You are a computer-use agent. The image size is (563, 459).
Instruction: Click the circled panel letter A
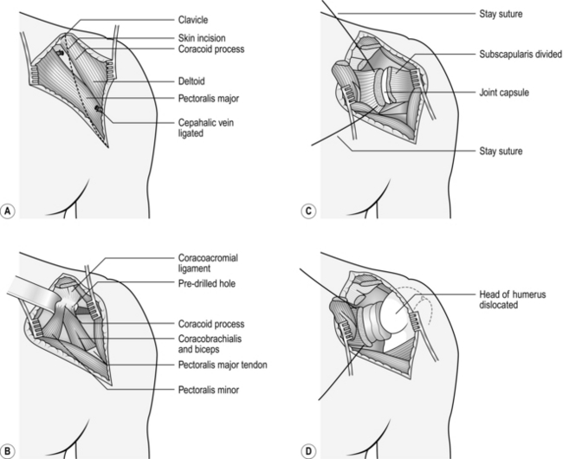point(9,210)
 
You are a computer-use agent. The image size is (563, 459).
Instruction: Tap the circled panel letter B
point(9,450)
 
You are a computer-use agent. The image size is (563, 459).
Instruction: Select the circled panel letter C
point(308,210)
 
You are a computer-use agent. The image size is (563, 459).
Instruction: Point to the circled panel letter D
point(309,450)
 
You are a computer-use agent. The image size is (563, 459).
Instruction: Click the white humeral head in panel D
point(395,308)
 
